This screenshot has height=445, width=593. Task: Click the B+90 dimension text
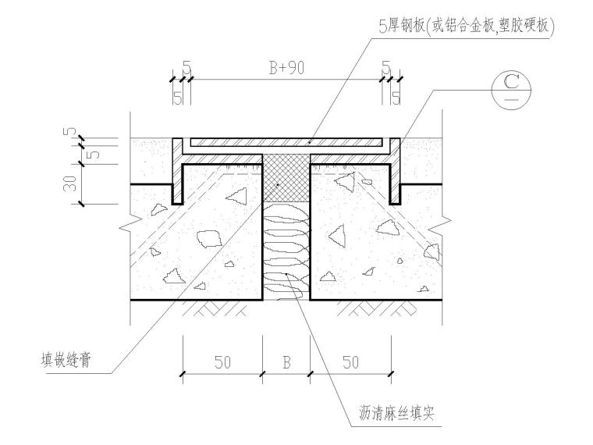286,68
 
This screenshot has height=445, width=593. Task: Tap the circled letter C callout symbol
512,87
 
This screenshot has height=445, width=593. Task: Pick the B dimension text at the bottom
286,362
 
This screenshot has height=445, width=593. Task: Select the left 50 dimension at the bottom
222,362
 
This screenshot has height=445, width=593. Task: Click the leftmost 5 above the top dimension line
186,68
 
